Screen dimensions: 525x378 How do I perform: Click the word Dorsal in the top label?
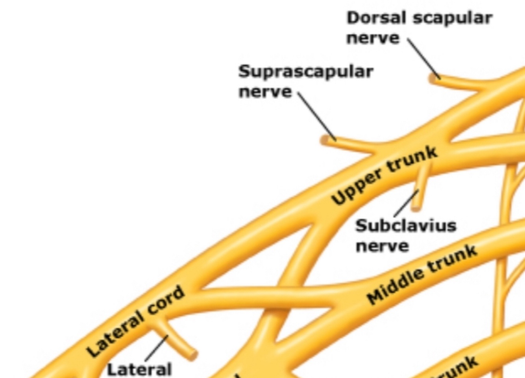coord(370,18)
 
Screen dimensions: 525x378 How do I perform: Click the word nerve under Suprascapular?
coord(265,92)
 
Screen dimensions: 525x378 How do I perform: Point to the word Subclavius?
coord(405,226)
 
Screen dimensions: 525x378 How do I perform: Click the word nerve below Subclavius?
coord(382,246)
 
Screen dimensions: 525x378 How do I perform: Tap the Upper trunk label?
coord(384,175)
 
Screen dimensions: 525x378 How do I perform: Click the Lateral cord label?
coord(135,321)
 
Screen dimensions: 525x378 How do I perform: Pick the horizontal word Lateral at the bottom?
coord(139,370)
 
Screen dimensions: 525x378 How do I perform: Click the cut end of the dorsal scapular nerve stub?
coord(433,79)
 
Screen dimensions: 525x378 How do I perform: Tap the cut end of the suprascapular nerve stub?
coord(325,140)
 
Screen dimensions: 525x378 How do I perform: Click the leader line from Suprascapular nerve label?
coord(316,116)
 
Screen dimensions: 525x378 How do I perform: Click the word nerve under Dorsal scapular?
coord(372,39)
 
